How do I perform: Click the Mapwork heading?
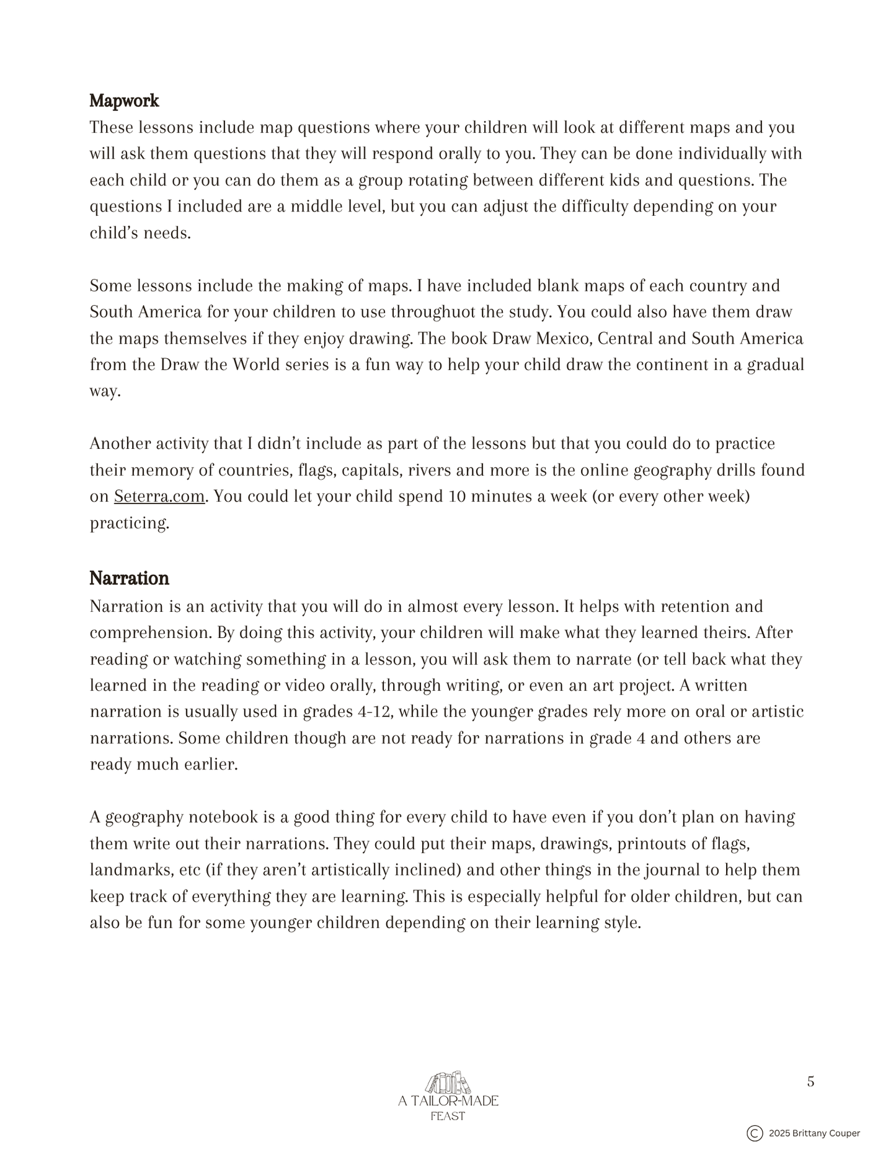pyautogui.click(x=124, y=100)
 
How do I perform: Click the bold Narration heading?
pyautogui.click(x=129, y=578)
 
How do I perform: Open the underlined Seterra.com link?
pyautogui.click(x=159, y=497)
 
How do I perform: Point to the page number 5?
pyautogui.click(x=810, y=1082)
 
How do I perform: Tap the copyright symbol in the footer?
pyautogui.click(x=754, y=1133)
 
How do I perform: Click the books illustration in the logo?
pyautogui.click(x=448, y=1083)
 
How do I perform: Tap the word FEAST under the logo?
pyautogui.click(x=448, y=1117)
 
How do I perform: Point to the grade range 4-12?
pyautogui.click(x=375, y=712)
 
